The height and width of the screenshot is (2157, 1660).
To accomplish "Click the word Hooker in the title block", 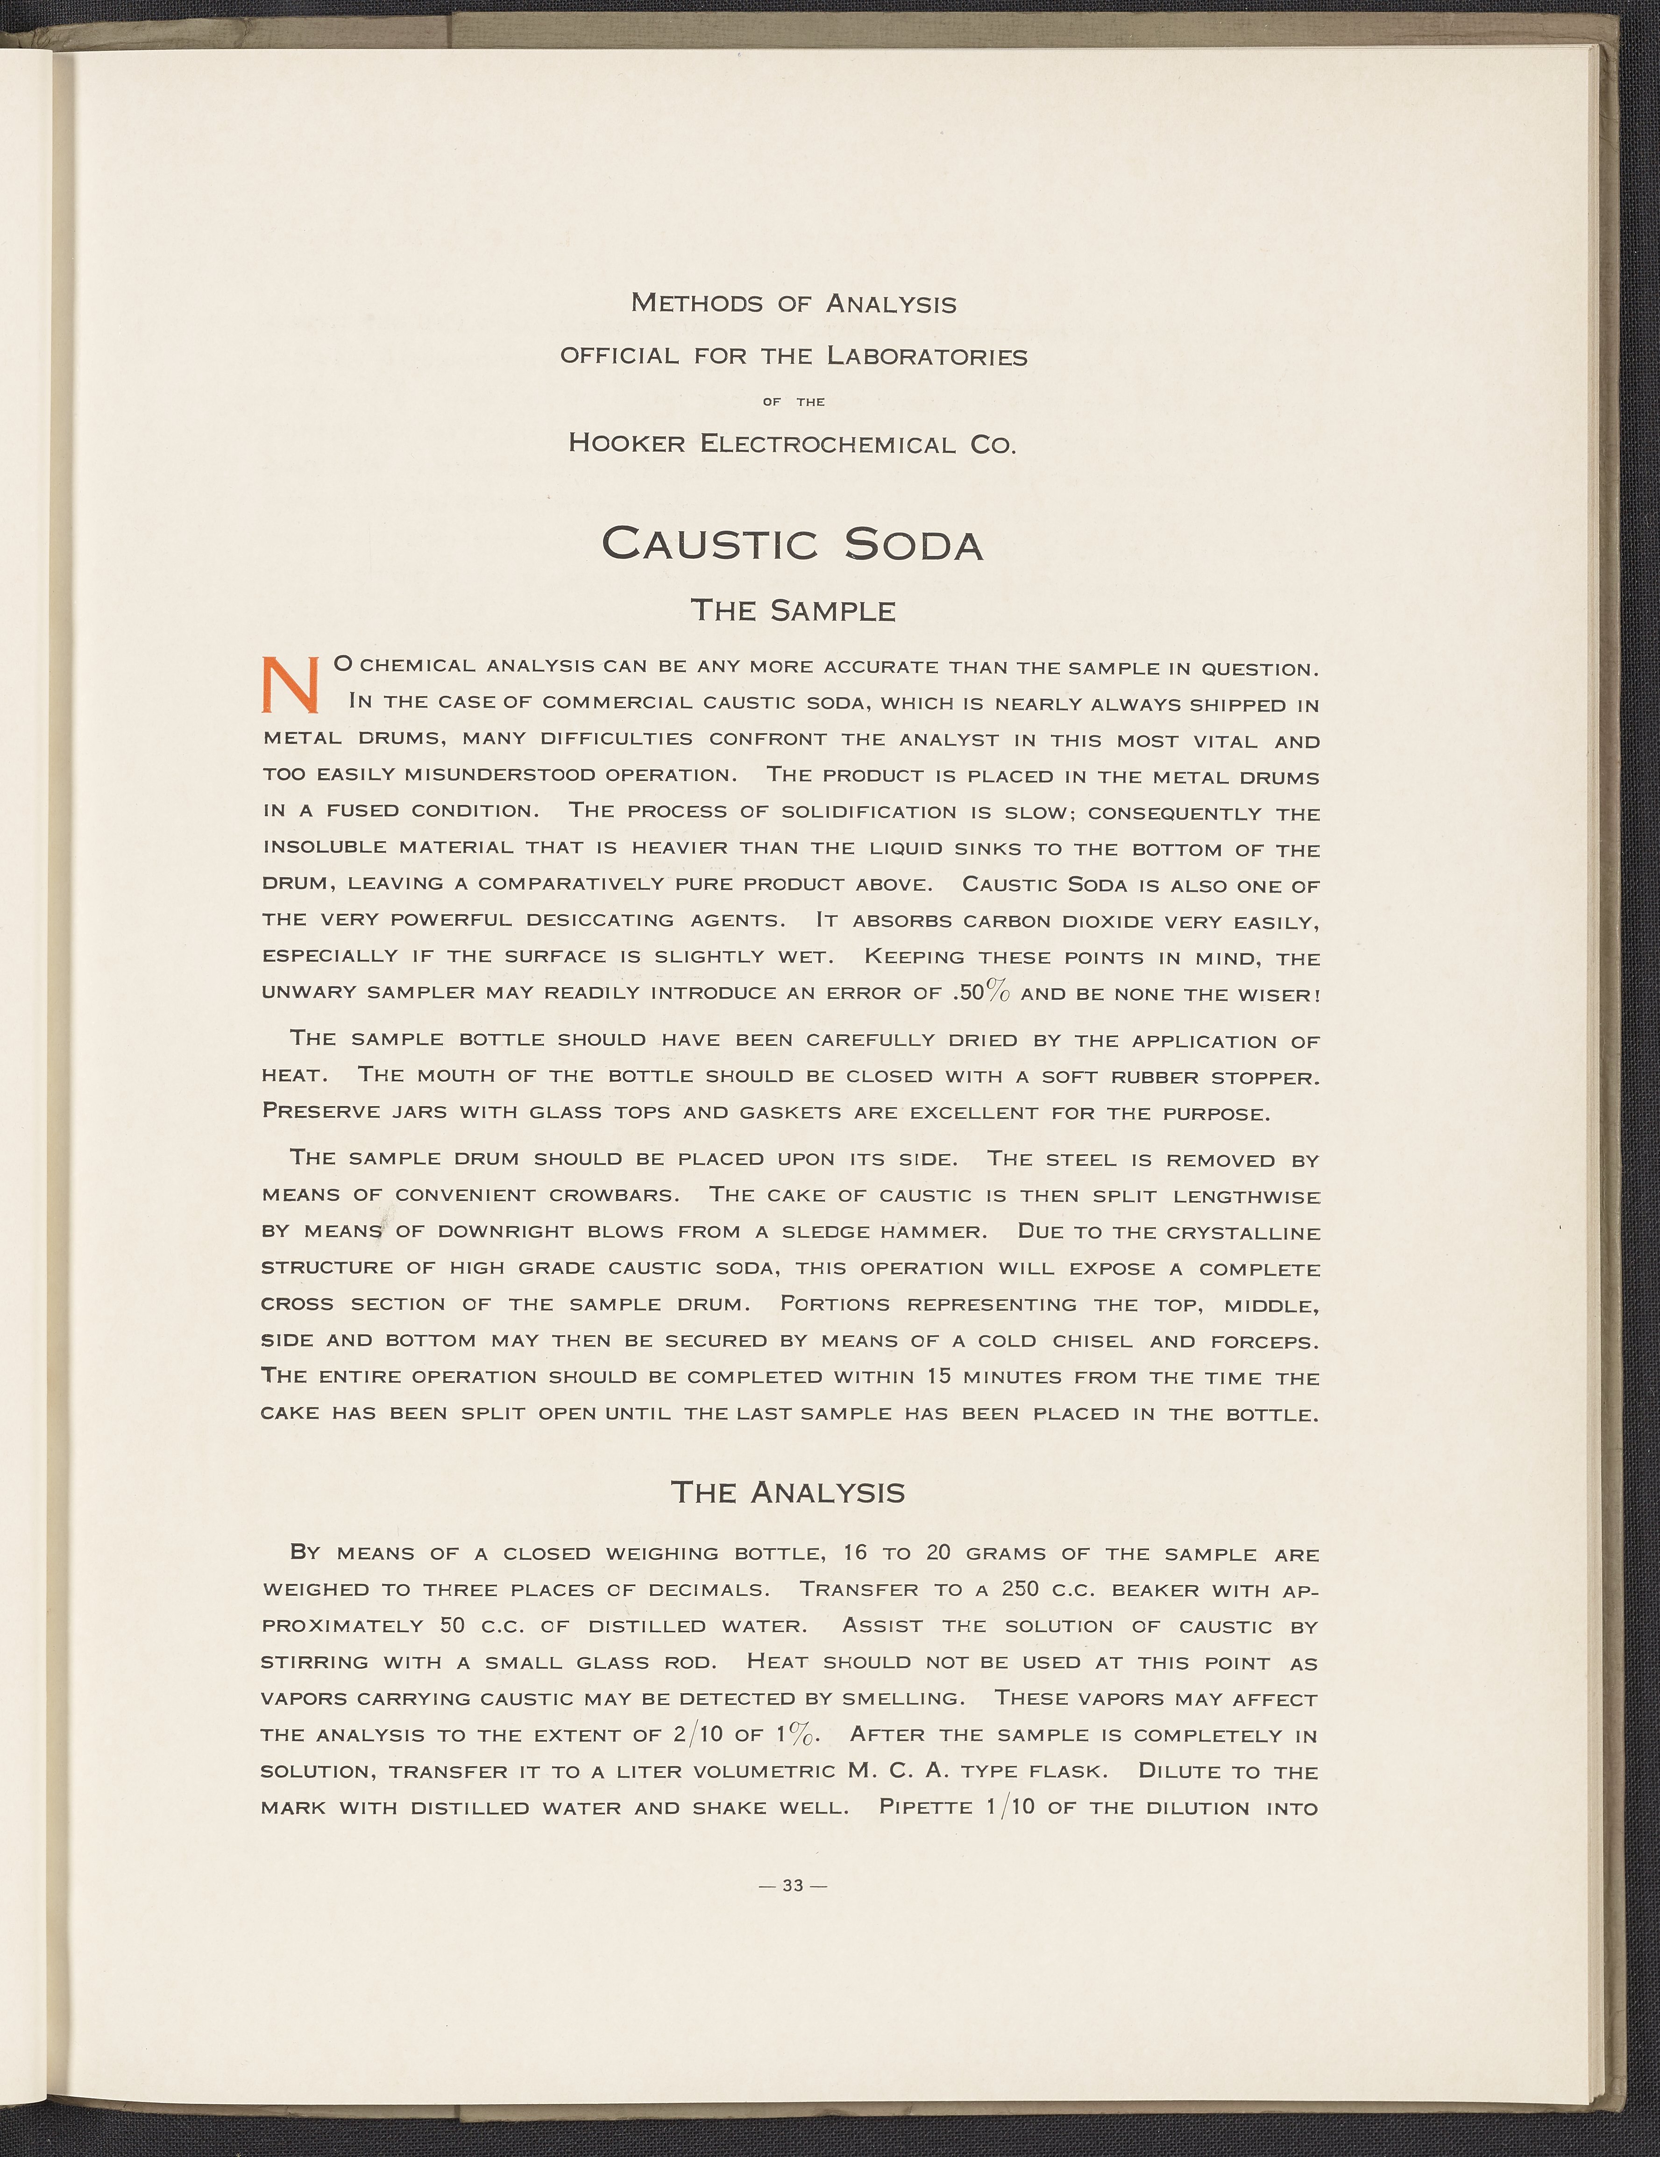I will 626,443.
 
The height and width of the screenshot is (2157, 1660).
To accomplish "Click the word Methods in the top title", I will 696,303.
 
